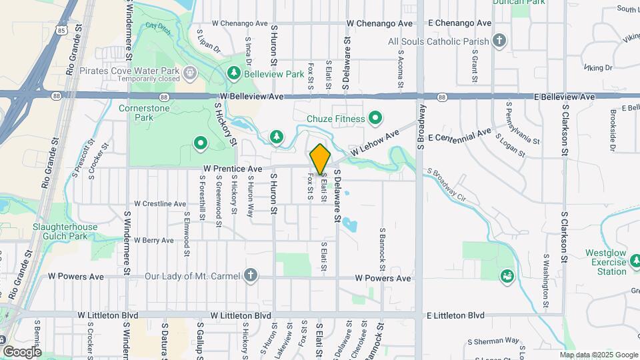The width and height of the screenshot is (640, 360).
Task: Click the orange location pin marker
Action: point(320,159)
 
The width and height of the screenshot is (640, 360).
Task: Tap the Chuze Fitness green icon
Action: point(375,119)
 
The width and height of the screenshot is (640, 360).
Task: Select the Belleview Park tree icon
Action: point(233,73)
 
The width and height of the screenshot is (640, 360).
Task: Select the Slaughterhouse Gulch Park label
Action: point(65,231)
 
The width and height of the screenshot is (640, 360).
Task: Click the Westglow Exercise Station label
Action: point(606,262)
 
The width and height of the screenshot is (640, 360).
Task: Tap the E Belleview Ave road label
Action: point(565,97)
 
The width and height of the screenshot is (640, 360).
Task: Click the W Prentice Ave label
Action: point(233,169)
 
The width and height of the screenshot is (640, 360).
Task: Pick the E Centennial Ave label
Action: point(459,135)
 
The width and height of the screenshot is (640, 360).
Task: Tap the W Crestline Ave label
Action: point(160,203)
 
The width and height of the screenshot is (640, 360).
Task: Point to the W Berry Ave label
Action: point(154,240)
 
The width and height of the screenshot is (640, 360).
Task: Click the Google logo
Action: point(22,351)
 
